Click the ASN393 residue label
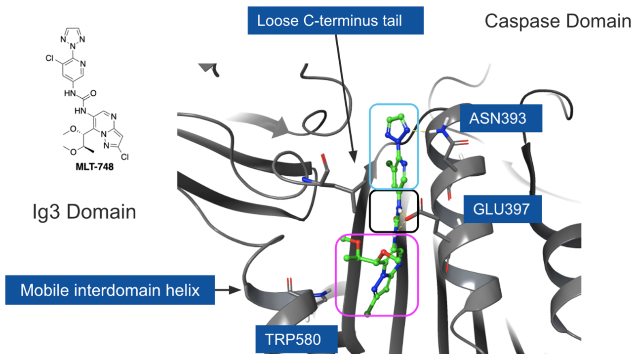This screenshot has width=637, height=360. (501, 118)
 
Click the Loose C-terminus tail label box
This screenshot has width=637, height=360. (336, 21)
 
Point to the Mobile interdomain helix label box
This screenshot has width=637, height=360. (110, 290)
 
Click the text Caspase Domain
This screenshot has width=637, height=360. (557, 22)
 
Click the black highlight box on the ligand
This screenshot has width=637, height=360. (394, 211)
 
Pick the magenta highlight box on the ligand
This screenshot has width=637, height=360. (377, 275)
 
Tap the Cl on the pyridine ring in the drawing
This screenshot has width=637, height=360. (49, 58)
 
